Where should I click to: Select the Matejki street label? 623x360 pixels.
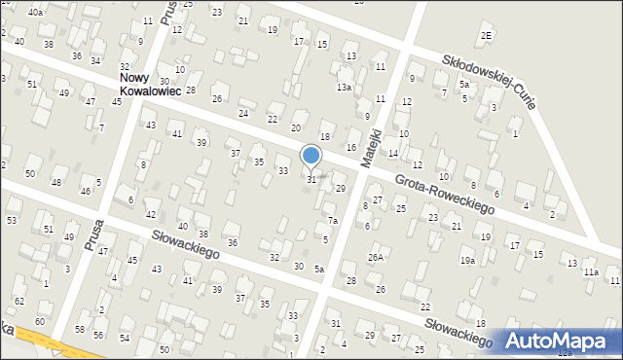(369, 146)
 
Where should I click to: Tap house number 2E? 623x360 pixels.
(486, 36)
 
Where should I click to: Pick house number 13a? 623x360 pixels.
(344, 88)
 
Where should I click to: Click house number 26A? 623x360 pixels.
(376, 258)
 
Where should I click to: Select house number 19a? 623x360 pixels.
(467, 261)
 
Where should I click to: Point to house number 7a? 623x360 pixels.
(332, 221)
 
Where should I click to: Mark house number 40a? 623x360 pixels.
(35, 12)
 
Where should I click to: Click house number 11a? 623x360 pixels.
(591, 272)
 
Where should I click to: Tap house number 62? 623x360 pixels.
(19, 302)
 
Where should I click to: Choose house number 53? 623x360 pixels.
(12, 221)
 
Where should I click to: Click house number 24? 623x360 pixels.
(243, 113)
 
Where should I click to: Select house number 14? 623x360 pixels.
(393, 154)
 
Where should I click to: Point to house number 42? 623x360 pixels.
(150, 214)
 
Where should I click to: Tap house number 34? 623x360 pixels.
(95, 61)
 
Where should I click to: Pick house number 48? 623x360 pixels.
(56, 183)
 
